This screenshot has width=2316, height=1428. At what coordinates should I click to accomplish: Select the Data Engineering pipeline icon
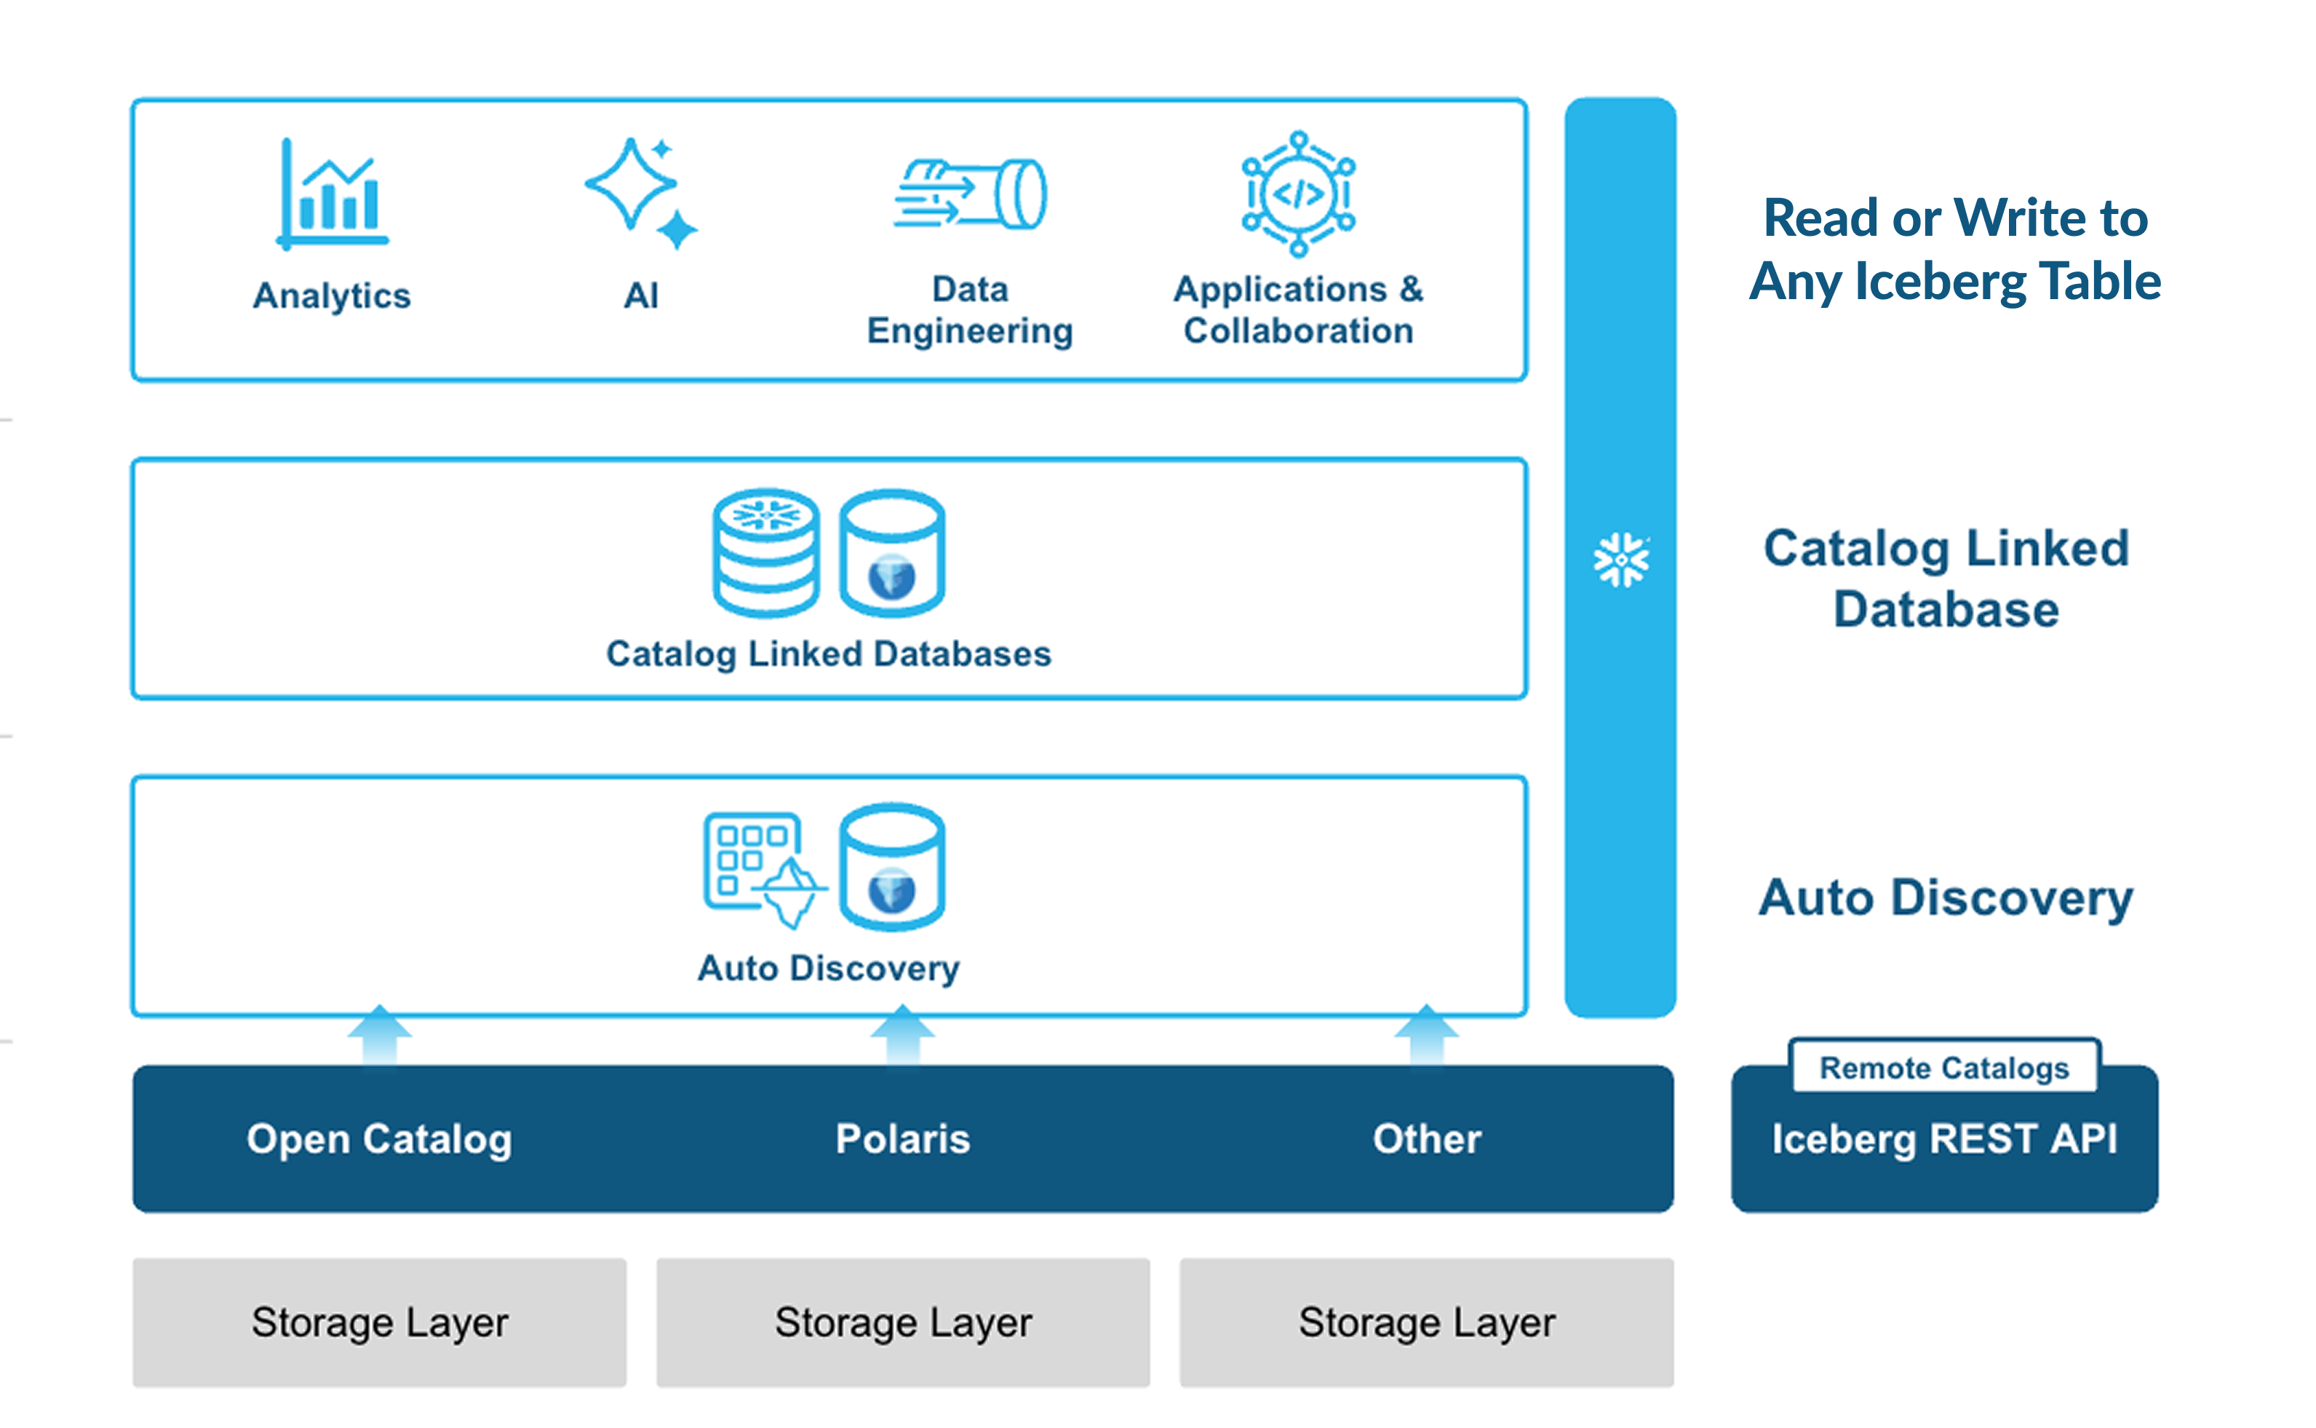(x=971, y=194)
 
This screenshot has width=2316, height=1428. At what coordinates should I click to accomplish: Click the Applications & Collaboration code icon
(x=1298, y=194)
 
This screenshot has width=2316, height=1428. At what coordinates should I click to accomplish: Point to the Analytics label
(x=333, y=295)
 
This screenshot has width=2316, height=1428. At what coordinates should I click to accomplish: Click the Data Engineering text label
(x=970, y=310)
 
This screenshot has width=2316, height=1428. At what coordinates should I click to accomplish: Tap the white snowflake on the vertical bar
(x=1620, y=559)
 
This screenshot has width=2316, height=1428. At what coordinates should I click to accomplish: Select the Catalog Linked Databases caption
(x=828, y=654)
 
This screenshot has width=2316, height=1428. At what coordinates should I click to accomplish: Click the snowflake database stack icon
(x=765, y=552)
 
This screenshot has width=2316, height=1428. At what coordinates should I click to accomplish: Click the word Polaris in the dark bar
(x=903, y=1138)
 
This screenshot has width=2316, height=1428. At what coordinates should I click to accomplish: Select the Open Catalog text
(x=380, y=1138)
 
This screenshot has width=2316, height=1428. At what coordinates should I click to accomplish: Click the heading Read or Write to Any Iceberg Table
(x=1954, y=250)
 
